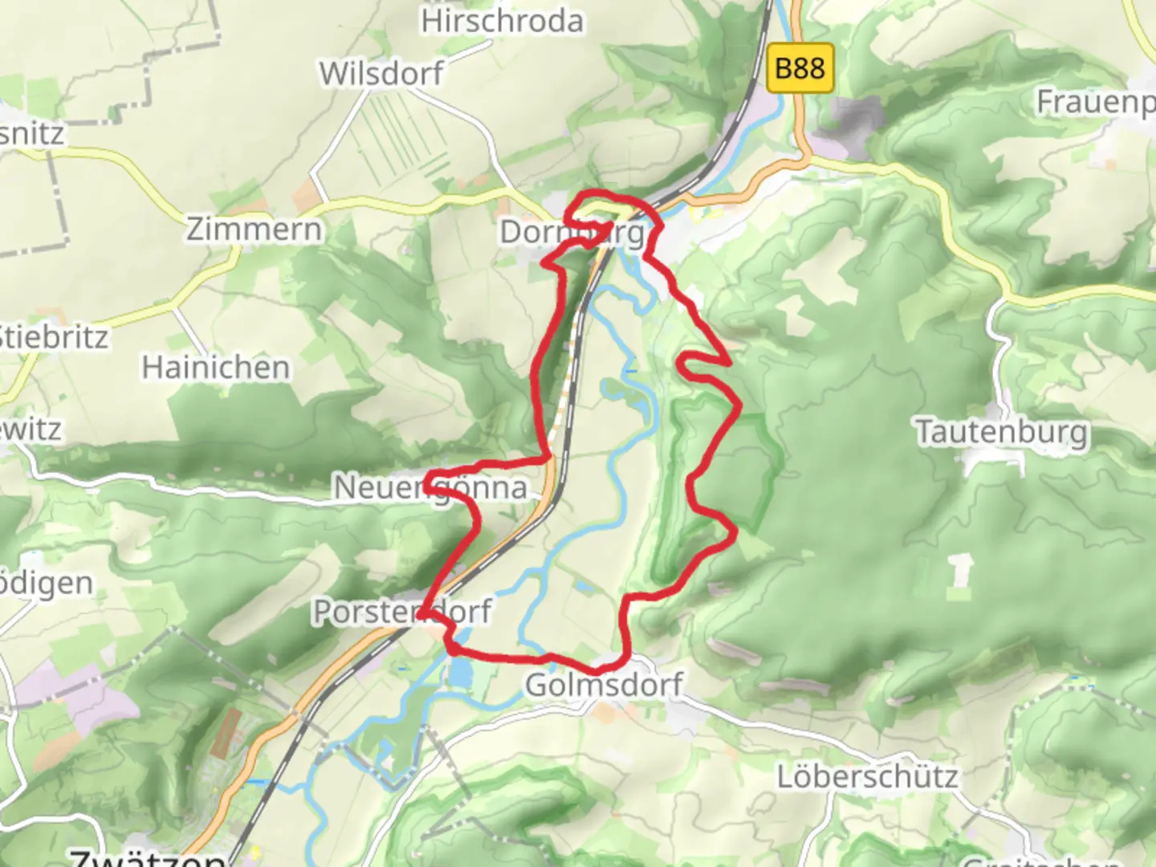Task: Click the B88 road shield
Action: [x=800, y=68]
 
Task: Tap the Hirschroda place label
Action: [x=503, y=21]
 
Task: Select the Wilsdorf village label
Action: [x=381, y=74]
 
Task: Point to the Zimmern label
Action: [x=254, y=230]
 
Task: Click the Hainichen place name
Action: [x=216, y=368]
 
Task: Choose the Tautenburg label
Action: [x=1003, y=432]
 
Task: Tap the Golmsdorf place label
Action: [x=604, y=685]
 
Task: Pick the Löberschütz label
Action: [x=868, y=776]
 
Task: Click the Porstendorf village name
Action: [x=401, y=612]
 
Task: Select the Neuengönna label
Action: [x=430, y=487]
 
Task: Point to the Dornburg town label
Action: [x=572, y=233]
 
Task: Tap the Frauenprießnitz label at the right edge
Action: [x=1097, y=102]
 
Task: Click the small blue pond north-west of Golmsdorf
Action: [x=460, y=673]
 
